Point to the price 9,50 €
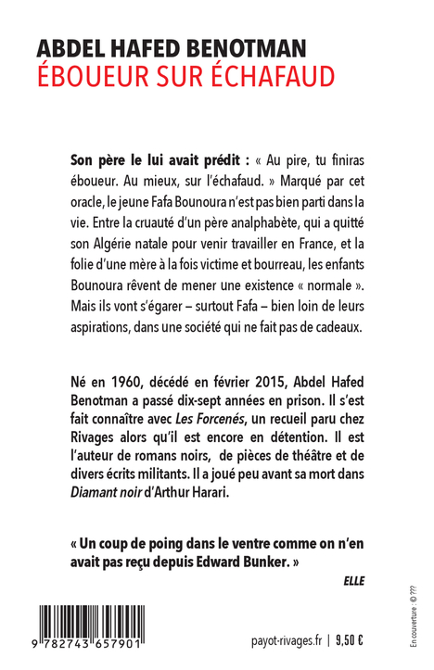click(x=350, y=638)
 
